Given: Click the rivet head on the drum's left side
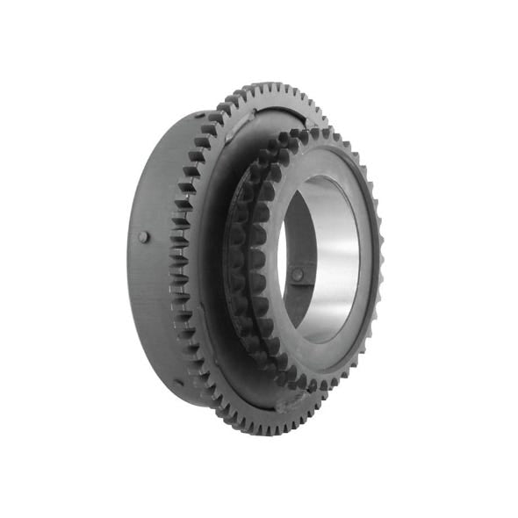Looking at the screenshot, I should click(144, 237).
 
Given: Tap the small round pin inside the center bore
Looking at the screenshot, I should click(298, 275).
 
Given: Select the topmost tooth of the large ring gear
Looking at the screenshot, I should click(263, 87).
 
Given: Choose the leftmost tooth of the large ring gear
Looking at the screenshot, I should click(172, 263).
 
